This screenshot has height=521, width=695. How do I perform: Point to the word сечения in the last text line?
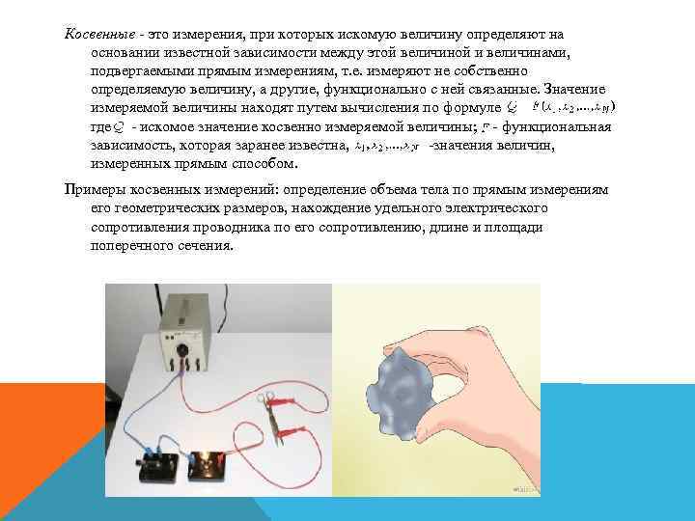207,246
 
